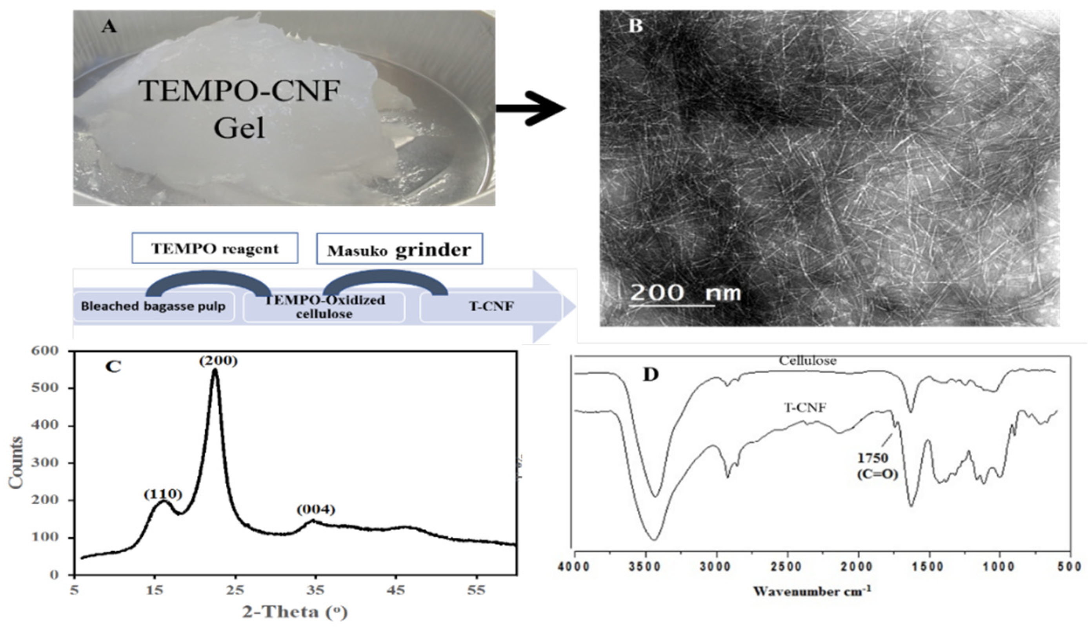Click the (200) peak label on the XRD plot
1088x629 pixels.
coord(218,361)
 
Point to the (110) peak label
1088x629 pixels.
coord(163,495)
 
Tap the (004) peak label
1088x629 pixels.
coord(316,510)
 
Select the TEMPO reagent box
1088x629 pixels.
coord(215,248)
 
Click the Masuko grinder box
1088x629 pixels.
coord(399,249)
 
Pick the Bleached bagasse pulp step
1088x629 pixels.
coord(153,307)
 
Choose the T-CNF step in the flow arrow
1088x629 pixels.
coord(491,307)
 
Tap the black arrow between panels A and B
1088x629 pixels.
coord(531,108)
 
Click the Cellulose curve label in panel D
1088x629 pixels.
coord(807,360)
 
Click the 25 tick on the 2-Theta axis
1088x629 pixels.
coord(235,590)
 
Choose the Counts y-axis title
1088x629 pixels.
coord(16,462)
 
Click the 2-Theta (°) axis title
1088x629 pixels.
coord(295,612)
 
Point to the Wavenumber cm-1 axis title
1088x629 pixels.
coord(811,591)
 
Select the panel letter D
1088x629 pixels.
coord(651,375)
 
